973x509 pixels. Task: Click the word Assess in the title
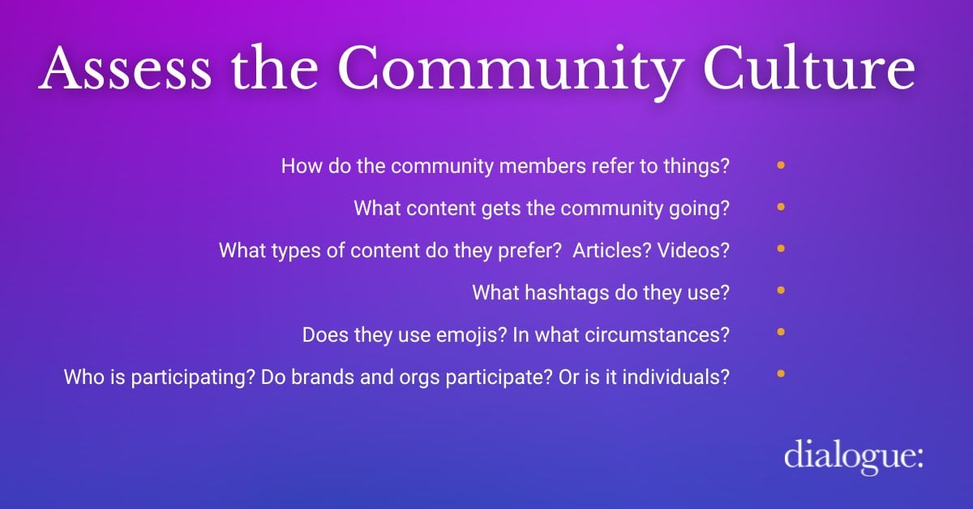click(125, 68)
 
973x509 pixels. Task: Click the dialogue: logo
click(854, 456)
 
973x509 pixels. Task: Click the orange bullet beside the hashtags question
click(781, 290)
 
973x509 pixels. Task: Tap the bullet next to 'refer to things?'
click(781, 166)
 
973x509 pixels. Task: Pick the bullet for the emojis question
click(781, 332)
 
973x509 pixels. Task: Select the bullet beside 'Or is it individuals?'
click(781, 373)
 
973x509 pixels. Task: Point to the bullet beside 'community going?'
click(781, 207)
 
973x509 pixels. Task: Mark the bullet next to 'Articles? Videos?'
click(781, 249)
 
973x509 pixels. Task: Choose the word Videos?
click(693, 250)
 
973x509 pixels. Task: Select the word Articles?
click(612, 250)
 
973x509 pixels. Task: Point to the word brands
click(323, 377)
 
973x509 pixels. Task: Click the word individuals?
click(676, 377)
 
